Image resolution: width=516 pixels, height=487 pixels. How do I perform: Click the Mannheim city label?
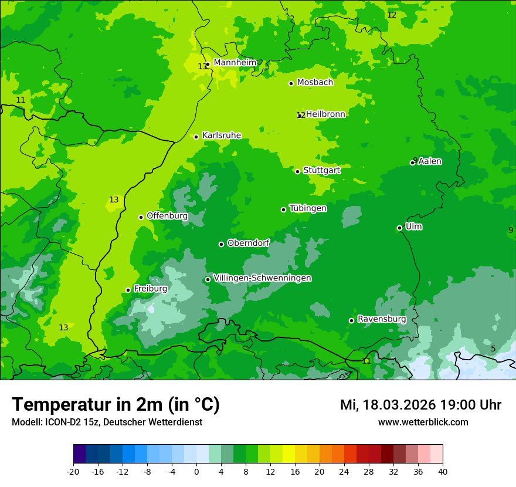tap(235, 63)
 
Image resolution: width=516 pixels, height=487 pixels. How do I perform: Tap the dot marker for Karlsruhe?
tap(196, 137)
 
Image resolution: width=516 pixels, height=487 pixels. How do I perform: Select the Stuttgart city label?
tap(321, 170)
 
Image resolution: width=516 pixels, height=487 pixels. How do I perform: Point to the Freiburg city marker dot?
tap(128, 290)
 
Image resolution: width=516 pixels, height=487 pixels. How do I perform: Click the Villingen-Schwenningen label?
tap(262, 278)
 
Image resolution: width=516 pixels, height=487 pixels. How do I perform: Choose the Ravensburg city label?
tap(381, 319)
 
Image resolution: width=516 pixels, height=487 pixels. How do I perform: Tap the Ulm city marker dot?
tap(399, 228)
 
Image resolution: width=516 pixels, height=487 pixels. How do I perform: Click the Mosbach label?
tap(315, 83)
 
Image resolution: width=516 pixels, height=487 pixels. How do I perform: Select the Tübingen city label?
tap(308, 208)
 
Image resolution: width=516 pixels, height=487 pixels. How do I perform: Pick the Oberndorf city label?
tap(248, 243)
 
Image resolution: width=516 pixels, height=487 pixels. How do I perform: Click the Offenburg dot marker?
tap(141, 217)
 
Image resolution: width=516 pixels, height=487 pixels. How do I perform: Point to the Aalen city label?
tap(430, 161)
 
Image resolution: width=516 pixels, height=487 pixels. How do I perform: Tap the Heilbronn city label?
tap(325, 114)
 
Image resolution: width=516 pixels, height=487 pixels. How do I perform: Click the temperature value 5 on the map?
tap(493, 349)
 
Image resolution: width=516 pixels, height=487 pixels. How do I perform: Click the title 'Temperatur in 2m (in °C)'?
tap(116, 405)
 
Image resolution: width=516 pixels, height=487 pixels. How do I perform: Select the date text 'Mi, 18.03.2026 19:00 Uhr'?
tap(420, 405)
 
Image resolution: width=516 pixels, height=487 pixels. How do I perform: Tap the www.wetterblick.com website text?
tap(423, 422)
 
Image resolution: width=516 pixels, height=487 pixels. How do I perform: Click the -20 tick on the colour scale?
tap(73, 471)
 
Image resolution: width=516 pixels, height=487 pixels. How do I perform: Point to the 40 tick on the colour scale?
tap(443, 471)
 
